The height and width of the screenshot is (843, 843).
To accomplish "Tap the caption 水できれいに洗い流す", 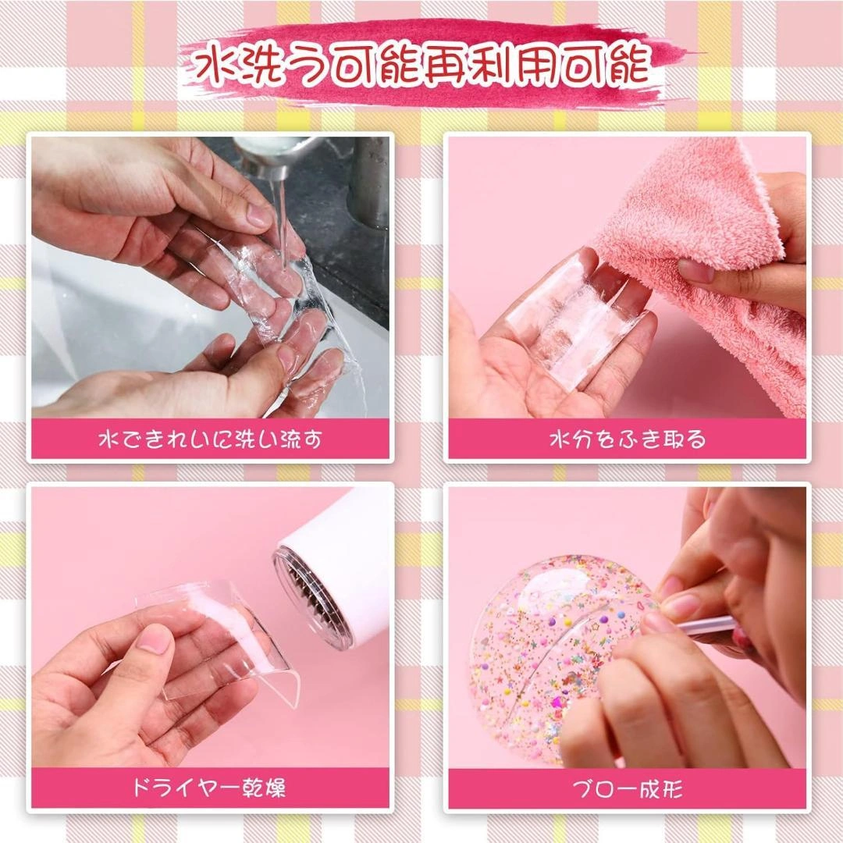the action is click(x=210, y=439).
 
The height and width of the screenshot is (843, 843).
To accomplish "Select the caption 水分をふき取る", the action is click(x=627, y=439).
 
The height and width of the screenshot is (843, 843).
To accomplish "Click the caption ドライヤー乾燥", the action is click(x=210, y=788).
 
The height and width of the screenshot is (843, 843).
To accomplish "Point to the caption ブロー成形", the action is click(x=627, y=788).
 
